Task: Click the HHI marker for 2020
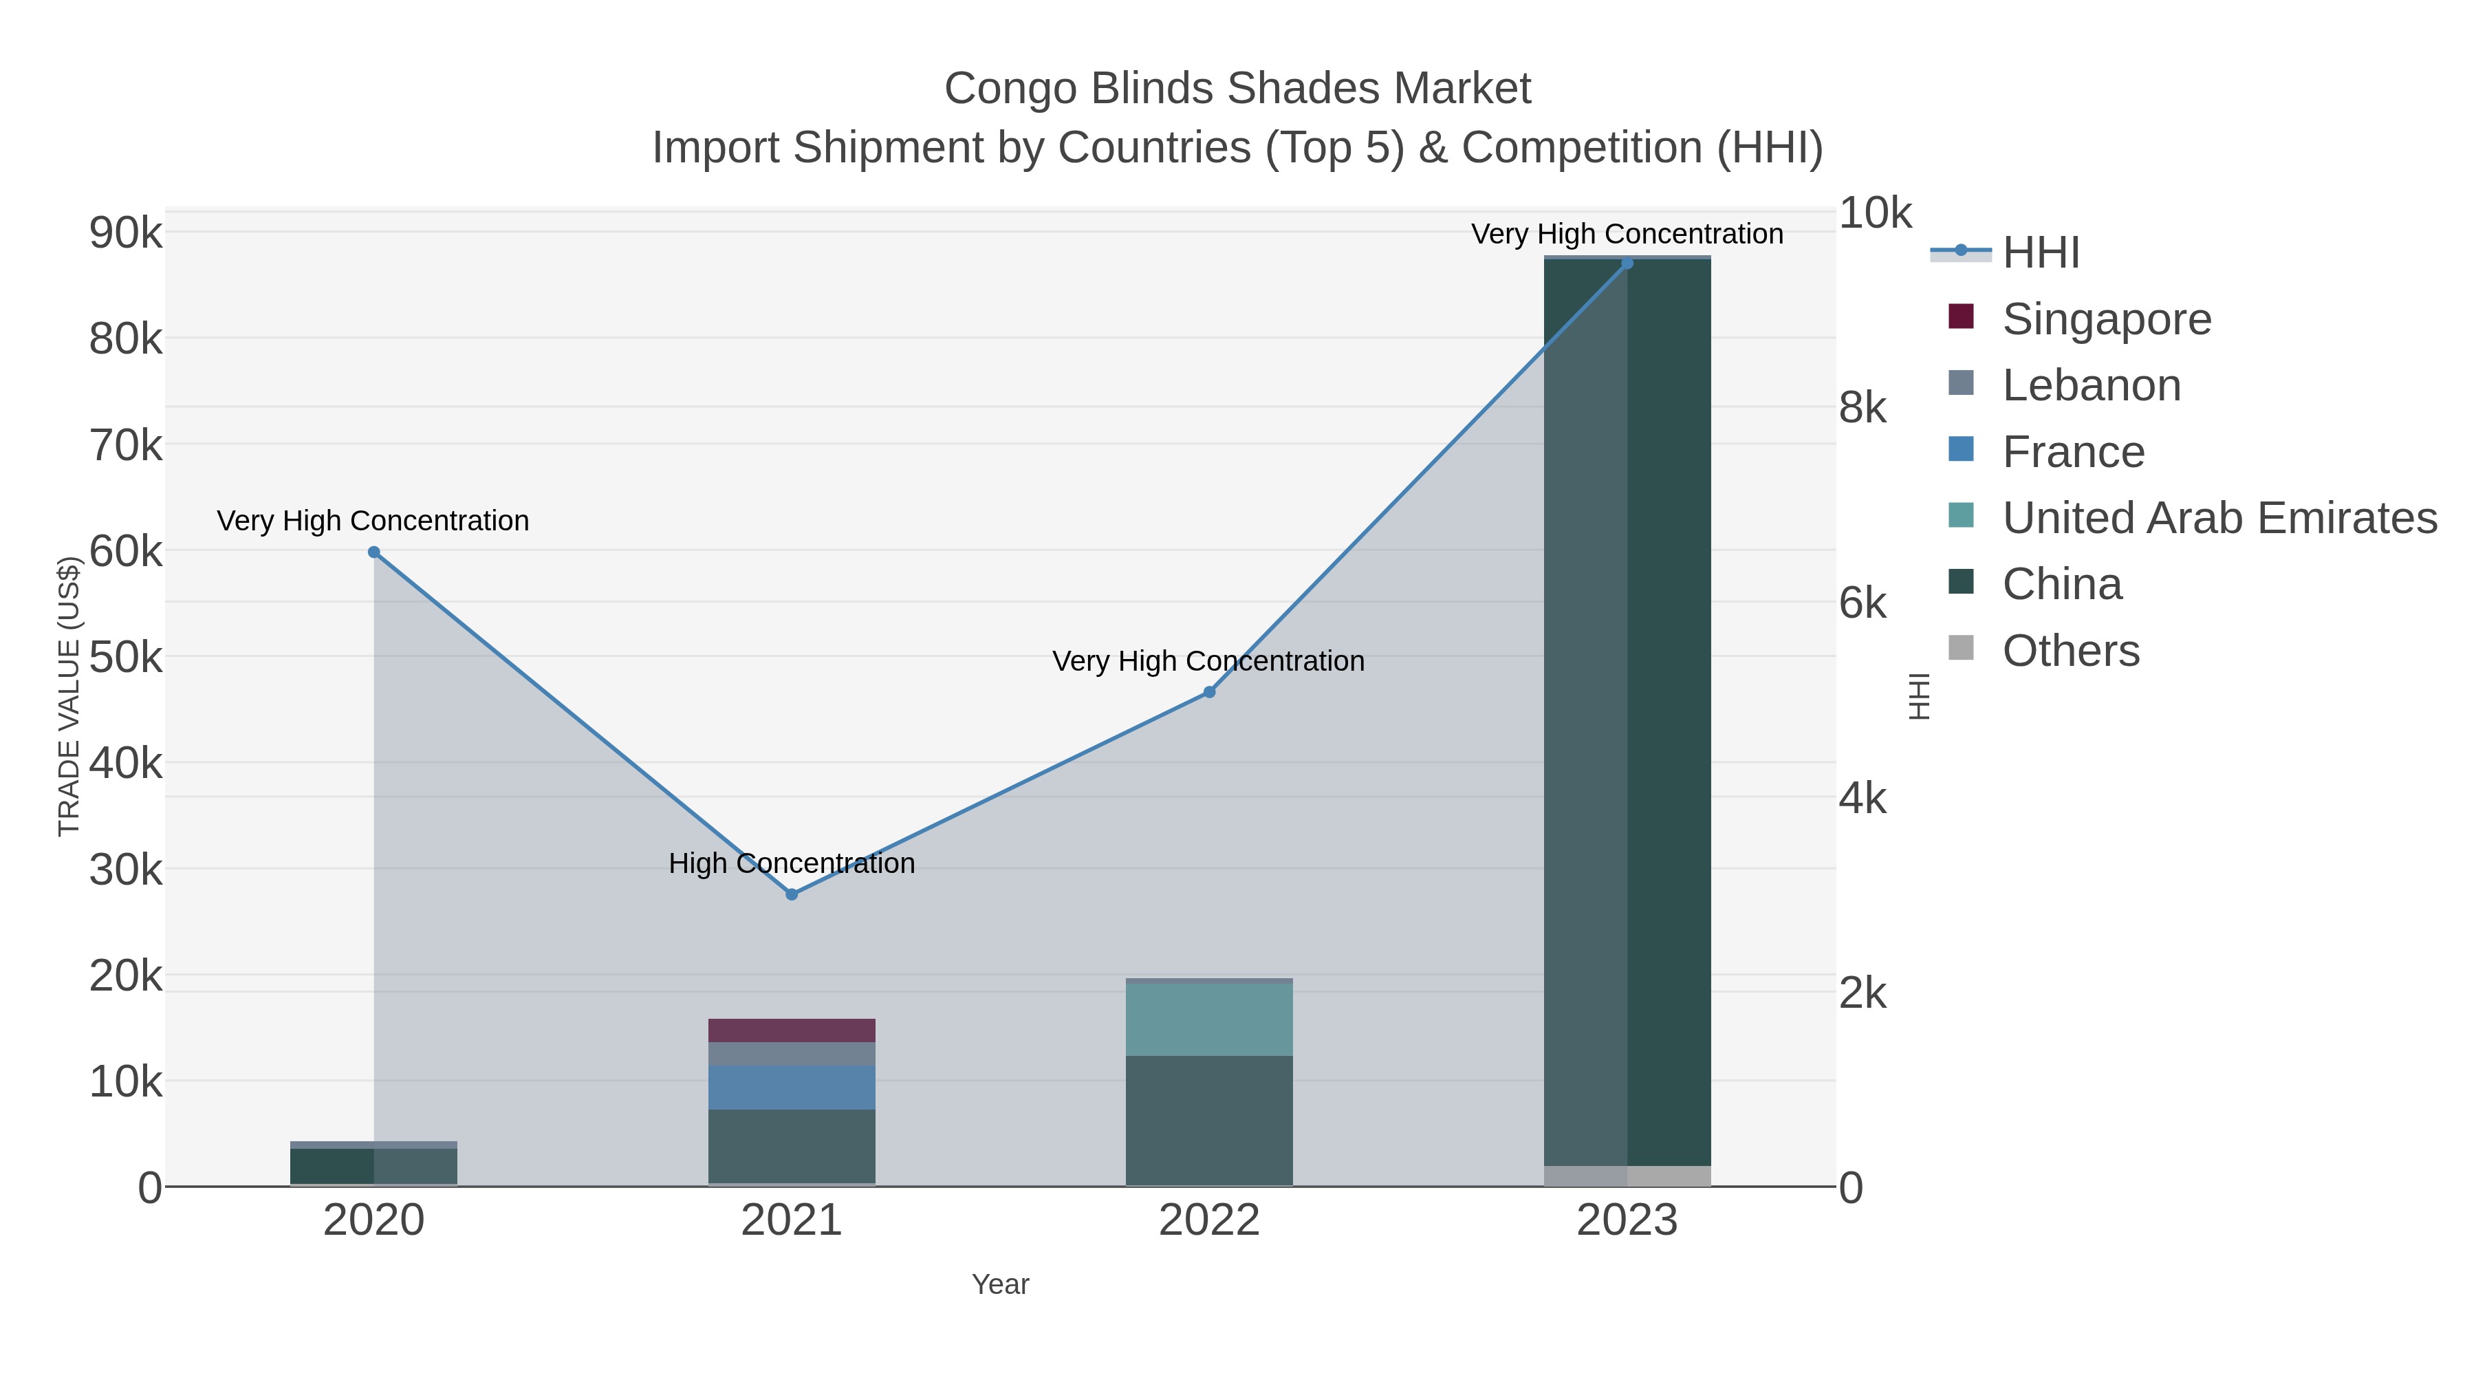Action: coord(374,552)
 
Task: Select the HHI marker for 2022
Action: coord(1209,692)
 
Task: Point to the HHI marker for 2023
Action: coord(1627,263)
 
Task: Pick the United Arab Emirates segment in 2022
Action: coord(1209,1019)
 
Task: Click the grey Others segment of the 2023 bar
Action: coord(1627,1176)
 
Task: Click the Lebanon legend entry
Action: coord(2091,385)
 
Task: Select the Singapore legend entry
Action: coord(2106,319)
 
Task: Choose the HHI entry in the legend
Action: coord(2040,253)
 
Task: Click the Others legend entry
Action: coord(2070,651)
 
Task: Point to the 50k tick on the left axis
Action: coord(126,658)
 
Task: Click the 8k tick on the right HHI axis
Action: coord(1863,409)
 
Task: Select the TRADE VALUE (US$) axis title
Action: coord(69,696)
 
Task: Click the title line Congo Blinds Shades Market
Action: coord(1237,89)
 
